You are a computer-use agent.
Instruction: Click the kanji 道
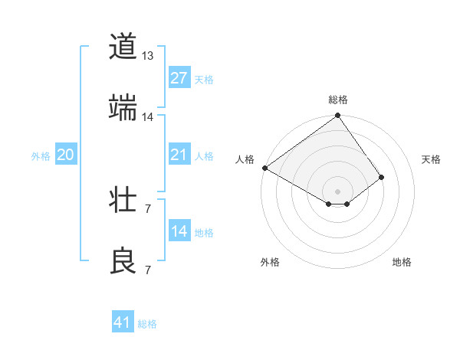[123, 47]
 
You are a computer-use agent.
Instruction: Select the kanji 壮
[123, 201]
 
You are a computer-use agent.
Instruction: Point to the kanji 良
[123, 260]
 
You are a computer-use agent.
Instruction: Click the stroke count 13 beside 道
[148, 56]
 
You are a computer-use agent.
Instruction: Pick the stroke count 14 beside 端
[148, 117]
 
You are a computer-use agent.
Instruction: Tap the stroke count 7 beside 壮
[148, 208]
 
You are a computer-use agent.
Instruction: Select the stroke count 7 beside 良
[148, 270]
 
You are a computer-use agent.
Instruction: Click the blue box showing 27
[179, 78]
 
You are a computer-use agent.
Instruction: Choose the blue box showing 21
[179, 155]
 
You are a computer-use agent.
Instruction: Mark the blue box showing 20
[65, 155]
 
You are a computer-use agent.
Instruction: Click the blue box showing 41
[123, 322]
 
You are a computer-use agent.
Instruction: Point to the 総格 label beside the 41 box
[147, 324]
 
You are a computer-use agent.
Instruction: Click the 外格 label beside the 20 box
[41, 156]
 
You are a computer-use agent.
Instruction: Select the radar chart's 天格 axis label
[431, 159]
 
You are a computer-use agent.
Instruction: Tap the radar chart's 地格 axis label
[402, 262]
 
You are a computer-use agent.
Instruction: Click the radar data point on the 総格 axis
[337, 116]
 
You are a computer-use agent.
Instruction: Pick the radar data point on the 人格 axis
[264, 168]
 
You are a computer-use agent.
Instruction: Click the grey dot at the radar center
[337, 191]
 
